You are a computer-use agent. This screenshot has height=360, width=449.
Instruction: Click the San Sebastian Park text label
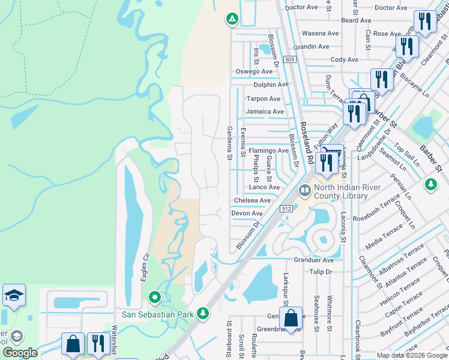[x=158, y=314]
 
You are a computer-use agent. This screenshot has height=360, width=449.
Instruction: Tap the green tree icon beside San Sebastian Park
[x=203, y=313]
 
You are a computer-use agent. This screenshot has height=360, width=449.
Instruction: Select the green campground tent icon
[x=232, y=19]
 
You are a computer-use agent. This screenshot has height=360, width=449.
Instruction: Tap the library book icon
[x=305, y=191]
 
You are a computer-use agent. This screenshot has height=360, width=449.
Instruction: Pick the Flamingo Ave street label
[x=268, y=151]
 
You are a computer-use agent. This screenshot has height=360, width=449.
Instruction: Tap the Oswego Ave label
[x=253, y=71]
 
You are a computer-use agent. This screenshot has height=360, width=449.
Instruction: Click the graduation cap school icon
[x=14, y=296]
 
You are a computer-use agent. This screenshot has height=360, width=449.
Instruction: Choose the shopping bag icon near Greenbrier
[x=291, y=319]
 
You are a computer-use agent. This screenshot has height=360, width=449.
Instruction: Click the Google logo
[x=20, y=353]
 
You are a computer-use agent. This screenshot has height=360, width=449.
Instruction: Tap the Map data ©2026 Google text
[x=411, y=355]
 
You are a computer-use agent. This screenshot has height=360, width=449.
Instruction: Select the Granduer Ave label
[x=313, y=260]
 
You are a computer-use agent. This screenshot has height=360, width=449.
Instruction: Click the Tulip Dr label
[x=321, y=272]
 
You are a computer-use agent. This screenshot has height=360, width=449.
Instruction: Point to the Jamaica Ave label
[x=264, y=112]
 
